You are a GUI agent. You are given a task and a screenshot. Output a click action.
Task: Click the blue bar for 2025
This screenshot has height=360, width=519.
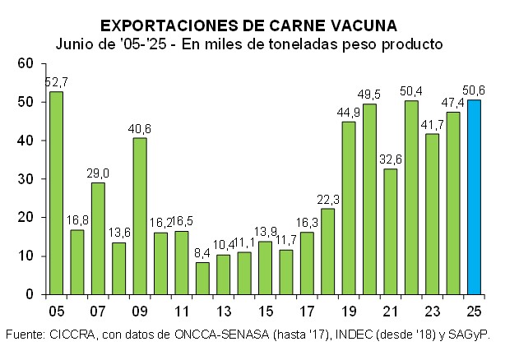pyautogui.click(x=475, y=197)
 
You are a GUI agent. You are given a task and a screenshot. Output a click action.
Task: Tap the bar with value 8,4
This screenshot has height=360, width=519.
pyautogui.click(x=202, y=278)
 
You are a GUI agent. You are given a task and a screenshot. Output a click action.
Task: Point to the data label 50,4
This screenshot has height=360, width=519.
pyautogui.click(x=411, y=90)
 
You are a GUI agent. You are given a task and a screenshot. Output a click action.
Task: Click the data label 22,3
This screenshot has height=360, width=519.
pyautogui.click(x=327, y=199)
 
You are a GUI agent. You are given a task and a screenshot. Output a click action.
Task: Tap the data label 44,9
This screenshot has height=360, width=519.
pyautogui.click(x=349, y=113)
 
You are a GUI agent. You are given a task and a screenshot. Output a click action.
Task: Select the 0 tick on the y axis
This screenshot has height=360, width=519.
pyautogui.click(x=29, y=294)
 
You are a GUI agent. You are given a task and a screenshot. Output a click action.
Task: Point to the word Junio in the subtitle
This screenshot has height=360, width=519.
pyautogui.click(x=75, y=43)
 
